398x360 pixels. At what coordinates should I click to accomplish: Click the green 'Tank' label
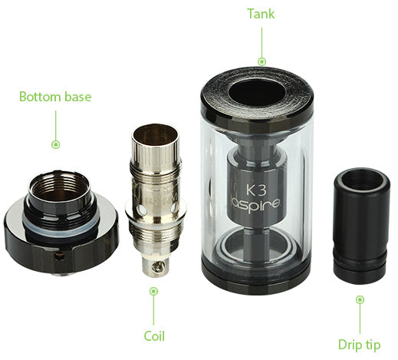261,14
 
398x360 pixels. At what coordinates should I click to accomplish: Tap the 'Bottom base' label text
55,97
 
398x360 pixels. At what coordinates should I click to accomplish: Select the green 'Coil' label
154,336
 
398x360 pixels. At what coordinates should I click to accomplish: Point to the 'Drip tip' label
359,345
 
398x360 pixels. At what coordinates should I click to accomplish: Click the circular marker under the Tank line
261,61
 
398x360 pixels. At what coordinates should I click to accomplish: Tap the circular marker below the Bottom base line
56,144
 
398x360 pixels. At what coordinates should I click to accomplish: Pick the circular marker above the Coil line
153,291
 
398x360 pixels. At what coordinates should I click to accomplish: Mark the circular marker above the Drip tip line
360,299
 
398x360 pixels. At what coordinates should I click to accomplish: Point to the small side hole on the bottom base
60,256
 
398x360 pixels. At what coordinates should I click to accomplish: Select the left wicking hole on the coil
141,210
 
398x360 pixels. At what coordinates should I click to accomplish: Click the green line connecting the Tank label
261,42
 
